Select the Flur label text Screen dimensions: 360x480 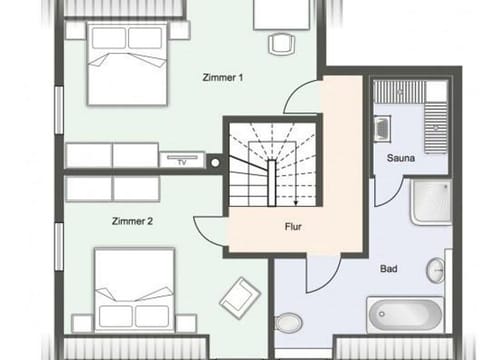[293, 227]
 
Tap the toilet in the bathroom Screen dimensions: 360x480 [288, 322]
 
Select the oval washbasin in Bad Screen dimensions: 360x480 [436, 270]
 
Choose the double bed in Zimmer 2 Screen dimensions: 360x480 [134, 289]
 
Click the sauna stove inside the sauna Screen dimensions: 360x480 [383, 128]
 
